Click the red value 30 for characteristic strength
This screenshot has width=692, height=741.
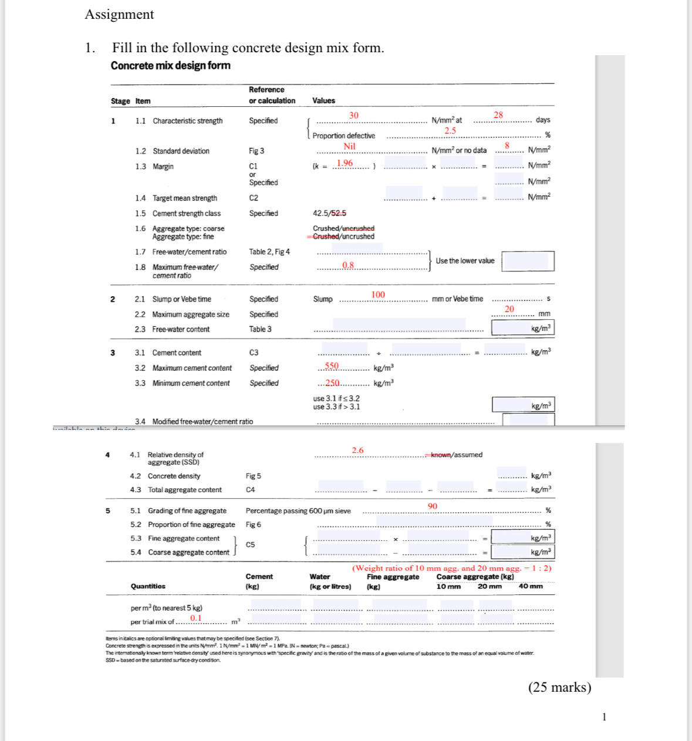click(353, 116)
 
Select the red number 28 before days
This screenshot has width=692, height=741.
click(498, 115)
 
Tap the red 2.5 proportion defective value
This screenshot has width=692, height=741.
click(450, 131)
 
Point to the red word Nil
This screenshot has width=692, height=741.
click(349, 147)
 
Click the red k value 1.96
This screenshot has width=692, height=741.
click(345, 163)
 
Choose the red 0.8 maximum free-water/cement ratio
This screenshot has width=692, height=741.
click(348, 265)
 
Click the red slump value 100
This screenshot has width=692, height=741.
click(378, 295)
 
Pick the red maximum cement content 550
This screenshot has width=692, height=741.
click(332, 366)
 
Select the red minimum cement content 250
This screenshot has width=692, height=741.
click(332, 383)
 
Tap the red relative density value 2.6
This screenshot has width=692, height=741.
click(357, 451)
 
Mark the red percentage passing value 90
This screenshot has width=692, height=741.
click(433, 506)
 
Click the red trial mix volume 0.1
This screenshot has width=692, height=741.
click(195, 618)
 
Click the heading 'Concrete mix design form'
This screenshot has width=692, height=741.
click(170, 66)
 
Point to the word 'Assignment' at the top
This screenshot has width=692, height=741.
click(119, 15)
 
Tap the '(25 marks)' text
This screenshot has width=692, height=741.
click(559, 687)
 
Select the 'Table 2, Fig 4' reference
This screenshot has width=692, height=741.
click(269, 252)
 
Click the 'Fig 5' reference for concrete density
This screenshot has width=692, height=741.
click(253, 476)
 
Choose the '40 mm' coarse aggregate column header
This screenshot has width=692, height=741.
click(531, 586)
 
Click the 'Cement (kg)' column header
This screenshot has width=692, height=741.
click(259, 581)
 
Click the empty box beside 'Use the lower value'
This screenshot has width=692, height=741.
click(528, 261)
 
